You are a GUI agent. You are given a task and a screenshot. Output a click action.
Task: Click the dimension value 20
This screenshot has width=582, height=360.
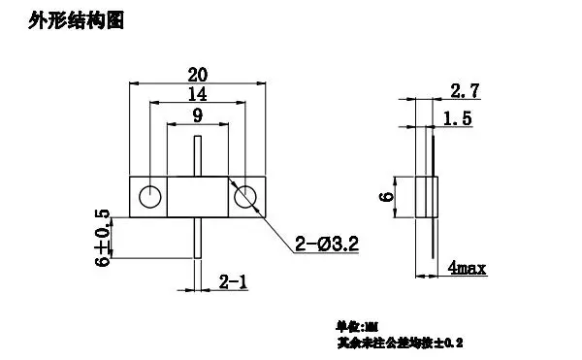click(x=197, y=75)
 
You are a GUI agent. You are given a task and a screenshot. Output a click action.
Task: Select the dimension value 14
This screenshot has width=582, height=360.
click(x=197, y=95)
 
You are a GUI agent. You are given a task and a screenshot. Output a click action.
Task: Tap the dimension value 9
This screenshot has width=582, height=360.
click(x=197, y=115)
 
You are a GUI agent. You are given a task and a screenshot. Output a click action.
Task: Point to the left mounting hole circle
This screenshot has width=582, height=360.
click(x=149, y=197)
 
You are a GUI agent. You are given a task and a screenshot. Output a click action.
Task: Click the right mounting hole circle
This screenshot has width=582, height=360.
click(x=245, y=197)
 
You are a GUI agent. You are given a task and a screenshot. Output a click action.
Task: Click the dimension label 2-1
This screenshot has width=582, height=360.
click(x=232, y=281)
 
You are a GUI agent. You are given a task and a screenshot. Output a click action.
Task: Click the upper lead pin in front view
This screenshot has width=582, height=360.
click(x=198, y=158)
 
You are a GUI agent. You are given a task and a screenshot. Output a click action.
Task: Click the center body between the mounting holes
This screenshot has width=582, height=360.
click(x=198, y=197)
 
